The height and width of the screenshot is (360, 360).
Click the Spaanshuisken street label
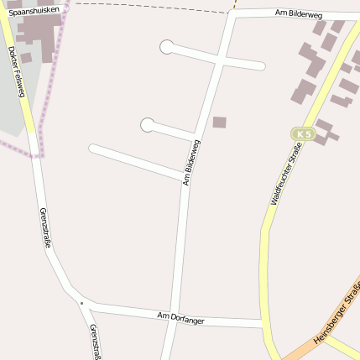[34, 11]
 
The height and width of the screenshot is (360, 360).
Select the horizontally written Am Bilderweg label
[299, 14]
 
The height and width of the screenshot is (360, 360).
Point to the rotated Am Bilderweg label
[191, 160]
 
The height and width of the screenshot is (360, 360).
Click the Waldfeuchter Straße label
[285, 175]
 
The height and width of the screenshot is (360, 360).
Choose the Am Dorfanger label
[180, 316]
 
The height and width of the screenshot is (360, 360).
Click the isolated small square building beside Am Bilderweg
[219, 123]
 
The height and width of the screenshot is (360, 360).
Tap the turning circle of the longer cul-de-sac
[167, 47]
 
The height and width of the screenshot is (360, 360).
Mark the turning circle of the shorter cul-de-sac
[148, 125]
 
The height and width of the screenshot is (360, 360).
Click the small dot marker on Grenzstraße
[81, 301]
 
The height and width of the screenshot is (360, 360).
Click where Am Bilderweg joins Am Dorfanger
[173, 317]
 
